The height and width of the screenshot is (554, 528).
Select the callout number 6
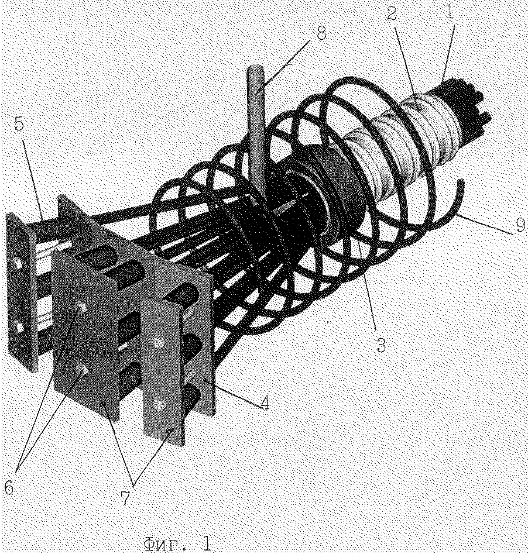point(9,488)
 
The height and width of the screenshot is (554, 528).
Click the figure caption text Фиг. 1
point(178,544)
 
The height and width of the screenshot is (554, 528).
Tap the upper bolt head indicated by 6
point(83,308)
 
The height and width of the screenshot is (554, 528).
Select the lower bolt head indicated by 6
point(84,371)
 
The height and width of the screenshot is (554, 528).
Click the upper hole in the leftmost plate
point(16,263)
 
